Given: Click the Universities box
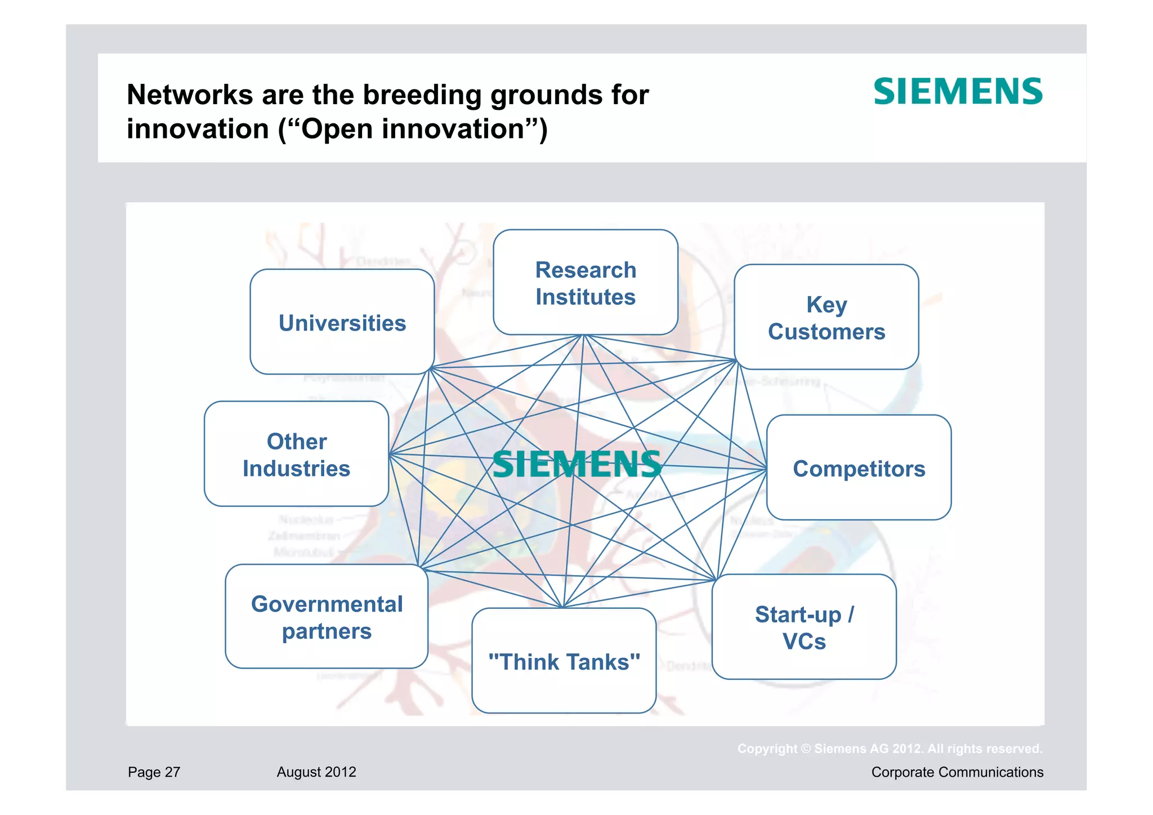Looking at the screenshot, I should [342, 322].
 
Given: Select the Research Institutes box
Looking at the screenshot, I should [586, 283].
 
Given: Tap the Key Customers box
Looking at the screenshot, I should [826, 318].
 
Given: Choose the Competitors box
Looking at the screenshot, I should [859, 468].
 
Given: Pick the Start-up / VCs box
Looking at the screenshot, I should [804, 627].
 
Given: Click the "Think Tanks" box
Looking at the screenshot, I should [564, 661].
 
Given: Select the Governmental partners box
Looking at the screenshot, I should [327, 617].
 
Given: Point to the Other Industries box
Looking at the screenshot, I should [297, 455].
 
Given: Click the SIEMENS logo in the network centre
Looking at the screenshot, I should [576, 465].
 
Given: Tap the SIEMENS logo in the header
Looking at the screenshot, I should [958, 92].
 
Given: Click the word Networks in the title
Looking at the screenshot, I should [190, 95].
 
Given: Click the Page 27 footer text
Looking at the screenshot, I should [154, 772].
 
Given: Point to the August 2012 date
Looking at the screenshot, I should [316, 772].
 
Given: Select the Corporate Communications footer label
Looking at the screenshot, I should [957, 772].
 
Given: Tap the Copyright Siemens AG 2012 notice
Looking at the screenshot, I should [890, 749].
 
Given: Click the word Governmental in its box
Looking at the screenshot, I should [327, 604].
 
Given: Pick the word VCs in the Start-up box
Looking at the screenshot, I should [804, 642].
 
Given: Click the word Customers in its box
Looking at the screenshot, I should [826, 332].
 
